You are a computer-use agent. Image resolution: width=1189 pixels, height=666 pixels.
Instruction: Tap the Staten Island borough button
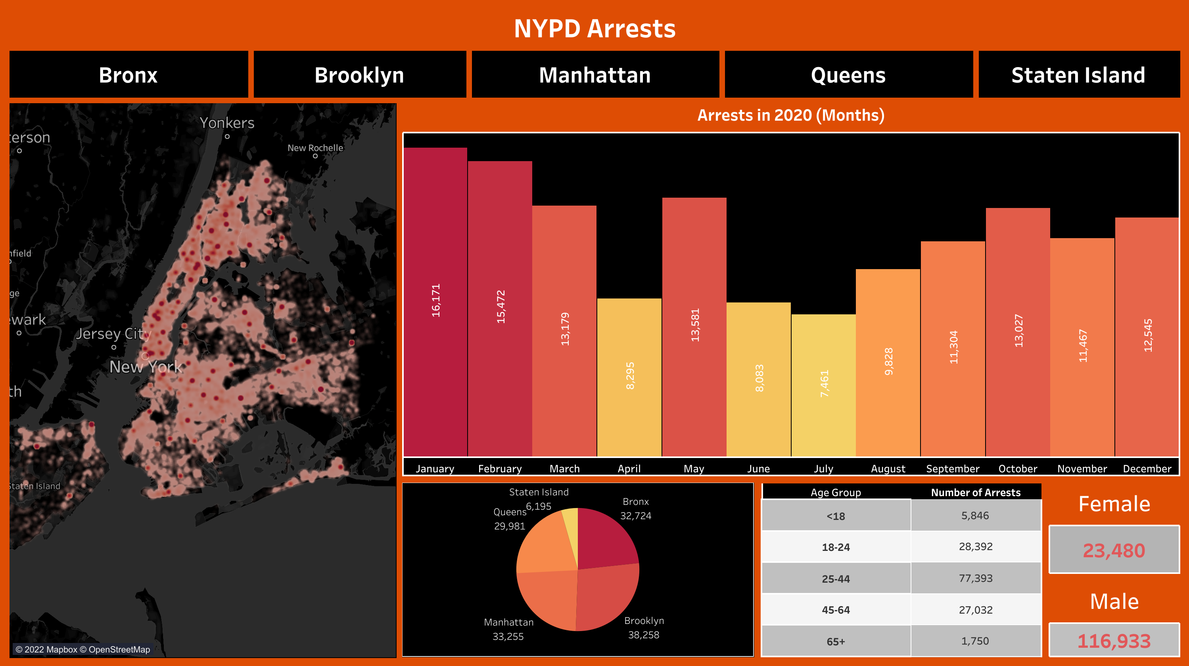click(1078, 75)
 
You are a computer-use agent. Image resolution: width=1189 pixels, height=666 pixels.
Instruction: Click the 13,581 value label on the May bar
click(695, 325)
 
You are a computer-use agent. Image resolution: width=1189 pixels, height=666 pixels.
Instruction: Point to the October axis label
click(1017, 469)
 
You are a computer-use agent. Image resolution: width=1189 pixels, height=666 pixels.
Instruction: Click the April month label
click(629, 469)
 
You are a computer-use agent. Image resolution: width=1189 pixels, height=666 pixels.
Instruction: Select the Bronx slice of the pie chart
click(605, 540)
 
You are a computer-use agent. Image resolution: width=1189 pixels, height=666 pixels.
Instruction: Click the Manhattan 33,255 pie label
click(508, 629)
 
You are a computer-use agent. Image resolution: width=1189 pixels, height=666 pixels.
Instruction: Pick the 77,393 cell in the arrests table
click(975, 578)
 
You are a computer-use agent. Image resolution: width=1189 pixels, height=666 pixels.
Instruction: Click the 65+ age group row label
click(836, 641)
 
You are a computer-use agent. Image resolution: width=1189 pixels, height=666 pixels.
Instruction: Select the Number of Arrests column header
click(975, 492)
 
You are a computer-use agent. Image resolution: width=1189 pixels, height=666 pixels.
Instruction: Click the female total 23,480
click(1114, 550)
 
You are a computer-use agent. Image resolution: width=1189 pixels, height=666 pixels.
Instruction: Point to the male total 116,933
click(1114, 641)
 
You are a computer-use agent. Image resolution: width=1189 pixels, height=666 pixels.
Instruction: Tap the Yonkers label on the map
click(226, 123)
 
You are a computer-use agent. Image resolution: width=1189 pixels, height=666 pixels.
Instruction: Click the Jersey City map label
click(113, 333)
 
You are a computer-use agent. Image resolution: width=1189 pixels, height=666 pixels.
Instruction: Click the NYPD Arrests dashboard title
click(594, 29)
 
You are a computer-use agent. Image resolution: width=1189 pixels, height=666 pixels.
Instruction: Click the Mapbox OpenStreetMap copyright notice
click(83, 649)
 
